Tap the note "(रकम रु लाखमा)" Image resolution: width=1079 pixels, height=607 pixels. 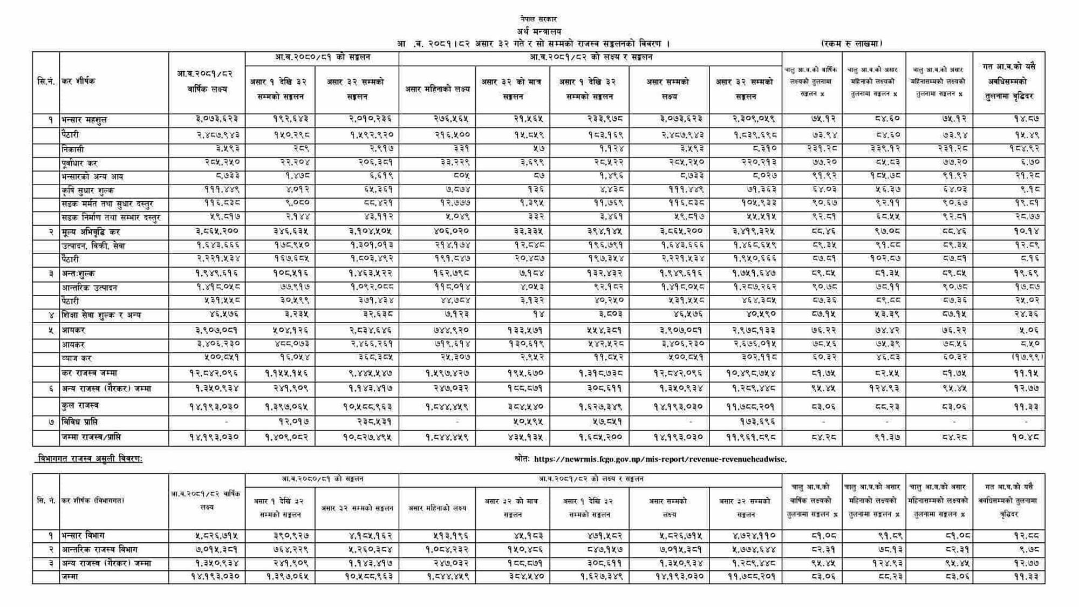click(851, 44)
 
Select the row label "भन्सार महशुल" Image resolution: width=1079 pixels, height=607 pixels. click(84, 120)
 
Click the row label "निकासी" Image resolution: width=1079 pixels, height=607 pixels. click(73, 149)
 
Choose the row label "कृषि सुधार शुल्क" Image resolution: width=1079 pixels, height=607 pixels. click(87, 190)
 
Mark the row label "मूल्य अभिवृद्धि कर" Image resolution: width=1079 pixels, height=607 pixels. click(91, 232)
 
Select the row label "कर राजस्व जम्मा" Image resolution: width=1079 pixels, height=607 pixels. click(89, 373)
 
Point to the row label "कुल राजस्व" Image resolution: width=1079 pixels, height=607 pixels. click(80, 406)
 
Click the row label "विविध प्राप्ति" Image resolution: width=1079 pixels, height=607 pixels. click(79, 422)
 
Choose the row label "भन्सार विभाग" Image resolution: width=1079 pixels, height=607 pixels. click(83, 536)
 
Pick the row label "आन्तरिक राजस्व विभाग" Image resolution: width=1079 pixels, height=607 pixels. click(99, 549)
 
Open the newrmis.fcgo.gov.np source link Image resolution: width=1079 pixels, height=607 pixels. click(660, 459)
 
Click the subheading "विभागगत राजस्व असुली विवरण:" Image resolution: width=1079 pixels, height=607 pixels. click(90, 459)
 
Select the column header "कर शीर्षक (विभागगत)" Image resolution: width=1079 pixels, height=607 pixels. click(93, 501)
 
